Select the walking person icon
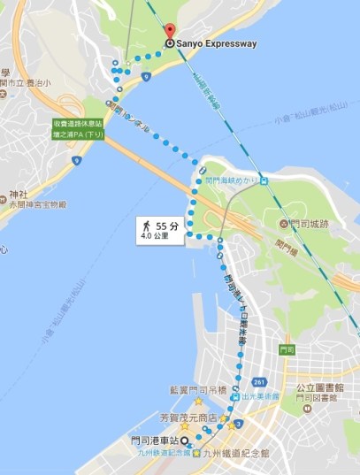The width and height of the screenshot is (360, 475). (x=145, y=227)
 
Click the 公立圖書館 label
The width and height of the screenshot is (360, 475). (x=319, y=387)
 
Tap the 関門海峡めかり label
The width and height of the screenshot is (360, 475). (x=232, y=179)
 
